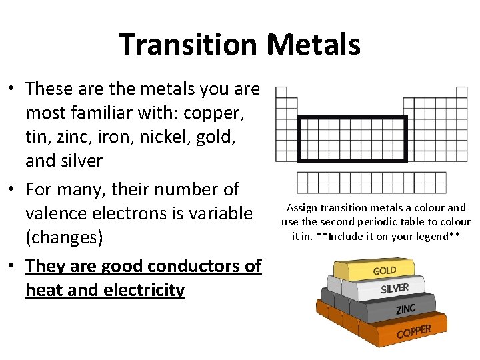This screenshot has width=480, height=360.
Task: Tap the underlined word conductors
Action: point(179,266)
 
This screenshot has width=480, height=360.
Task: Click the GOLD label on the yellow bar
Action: point(385,271)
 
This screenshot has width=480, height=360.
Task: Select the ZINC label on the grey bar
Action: point(405,309)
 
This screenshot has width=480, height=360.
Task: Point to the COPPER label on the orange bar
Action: point(413,331)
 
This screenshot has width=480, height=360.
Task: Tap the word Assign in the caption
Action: point(303,208)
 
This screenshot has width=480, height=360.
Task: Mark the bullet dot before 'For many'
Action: point(12,189)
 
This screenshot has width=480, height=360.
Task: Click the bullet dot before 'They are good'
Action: point(12,266)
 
